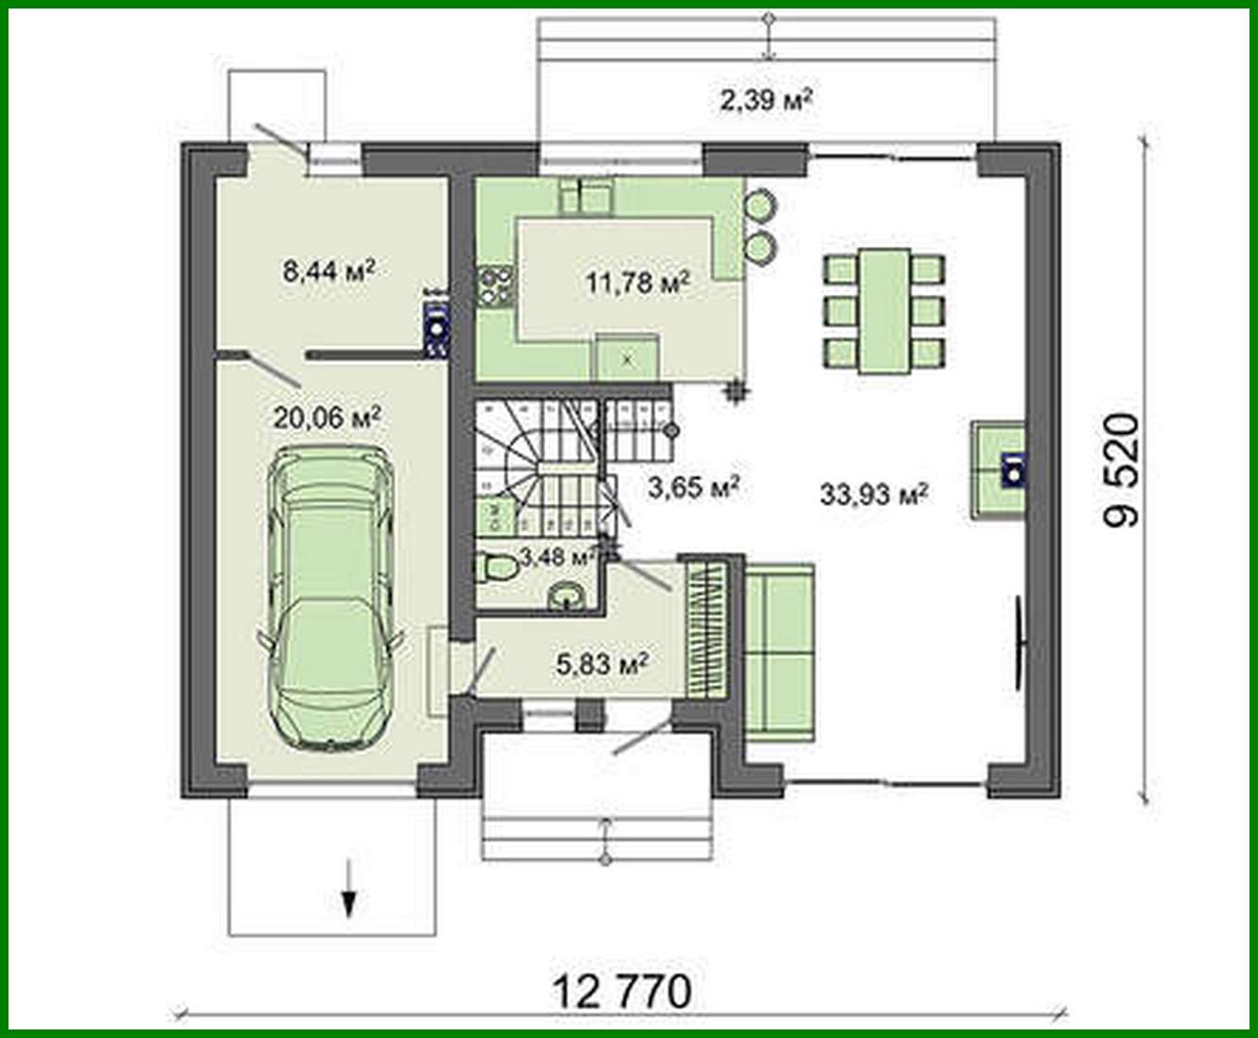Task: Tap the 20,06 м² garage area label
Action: pos(327,416)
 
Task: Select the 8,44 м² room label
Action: pos(329,271)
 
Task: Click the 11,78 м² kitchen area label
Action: pos(637,281)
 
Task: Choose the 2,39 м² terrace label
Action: pos(767,99)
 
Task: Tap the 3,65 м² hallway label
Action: pos(693,487)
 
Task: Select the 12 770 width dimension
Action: pos(621,992)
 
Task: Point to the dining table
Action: pos(885,311)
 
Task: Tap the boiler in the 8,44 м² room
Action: pos(436,326)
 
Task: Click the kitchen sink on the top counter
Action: pos(585,196)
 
